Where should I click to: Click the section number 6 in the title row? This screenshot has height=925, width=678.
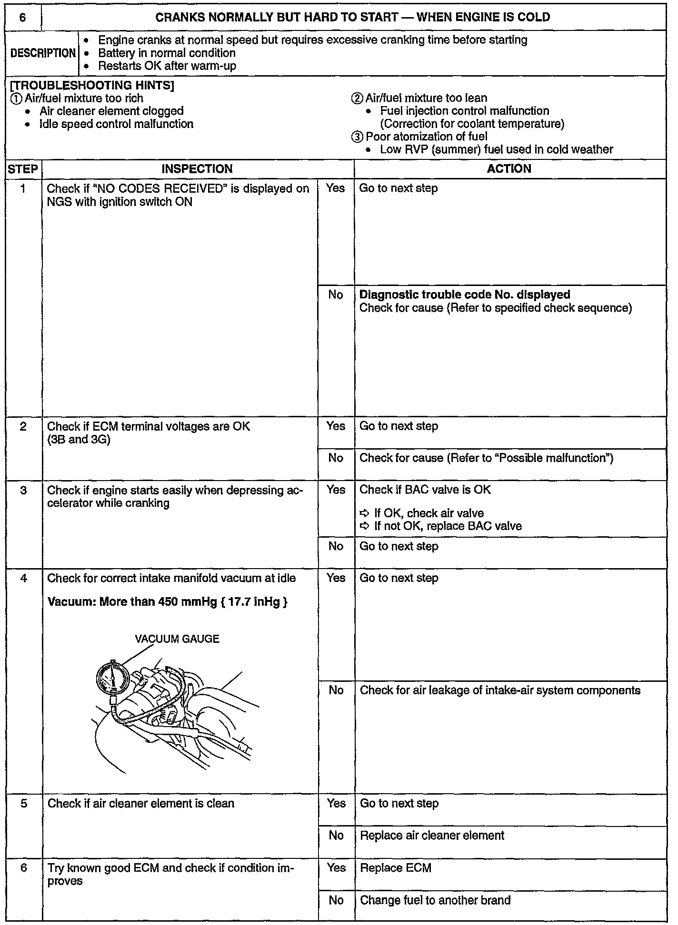click(x=22, y=18)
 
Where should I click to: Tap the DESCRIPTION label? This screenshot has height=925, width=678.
click(x=43, y=53)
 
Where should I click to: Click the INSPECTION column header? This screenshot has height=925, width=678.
click(x=197, y=169)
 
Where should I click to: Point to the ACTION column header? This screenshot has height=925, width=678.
click(x=509, y=169)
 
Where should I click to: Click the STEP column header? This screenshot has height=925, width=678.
click(x=23, y=169)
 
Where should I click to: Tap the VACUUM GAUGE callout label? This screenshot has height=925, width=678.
click(x=177, y=639)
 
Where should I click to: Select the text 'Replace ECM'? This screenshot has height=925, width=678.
click(x=396, y=868)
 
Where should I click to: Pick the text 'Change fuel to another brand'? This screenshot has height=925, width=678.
click(x=435, y=900)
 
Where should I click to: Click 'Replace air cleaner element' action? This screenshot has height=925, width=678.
click(x=432, y=836)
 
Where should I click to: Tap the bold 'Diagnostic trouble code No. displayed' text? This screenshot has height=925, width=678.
click(x=465, y=295)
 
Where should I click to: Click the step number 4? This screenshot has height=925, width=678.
click(x=23, y=578)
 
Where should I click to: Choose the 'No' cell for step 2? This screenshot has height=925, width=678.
click(x=336, y=458)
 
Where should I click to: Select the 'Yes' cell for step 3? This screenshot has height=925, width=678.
click(x=336, y=490)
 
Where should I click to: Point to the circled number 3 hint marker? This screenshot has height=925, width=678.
click(x=357, y=137)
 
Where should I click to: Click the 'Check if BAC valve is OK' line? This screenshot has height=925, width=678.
click(x=425, y=490)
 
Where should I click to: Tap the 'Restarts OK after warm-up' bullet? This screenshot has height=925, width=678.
click(x=167, y=66)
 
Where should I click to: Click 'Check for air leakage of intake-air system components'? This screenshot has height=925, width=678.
click(x=500, y=690)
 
